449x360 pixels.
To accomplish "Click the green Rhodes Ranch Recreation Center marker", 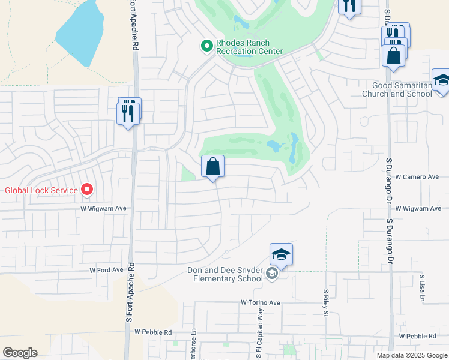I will click(206, 46).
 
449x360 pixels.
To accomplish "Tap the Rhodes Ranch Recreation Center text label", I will click(249, 47).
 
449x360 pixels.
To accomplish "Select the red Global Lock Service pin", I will click(87, 190).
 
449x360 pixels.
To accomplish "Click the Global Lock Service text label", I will click(41, 191).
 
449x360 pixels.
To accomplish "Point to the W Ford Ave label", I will click(106, 271).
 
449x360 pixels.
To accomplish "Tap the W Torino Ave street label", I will click(261, 303).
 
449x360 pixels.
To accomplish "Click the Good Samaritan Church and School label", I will click(397, 89).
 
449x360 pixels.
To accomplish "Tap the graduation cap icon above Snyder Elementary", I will click(281, 255).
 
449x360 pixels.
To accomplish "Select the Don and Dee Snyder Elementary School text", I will click(225, 275).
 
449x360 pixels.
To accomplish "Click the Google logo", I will click(20, 353).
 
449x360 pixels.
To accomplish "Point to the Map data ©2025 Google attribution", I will click(411, 355).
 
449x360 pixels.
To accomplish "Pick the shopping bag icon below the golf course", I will click(213, 167).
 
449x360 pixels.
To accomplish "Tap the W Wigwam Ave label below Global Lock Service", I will click(104, 208).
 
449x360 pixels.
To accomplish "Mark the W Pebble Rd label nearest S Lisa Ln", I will click(419, 337).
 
